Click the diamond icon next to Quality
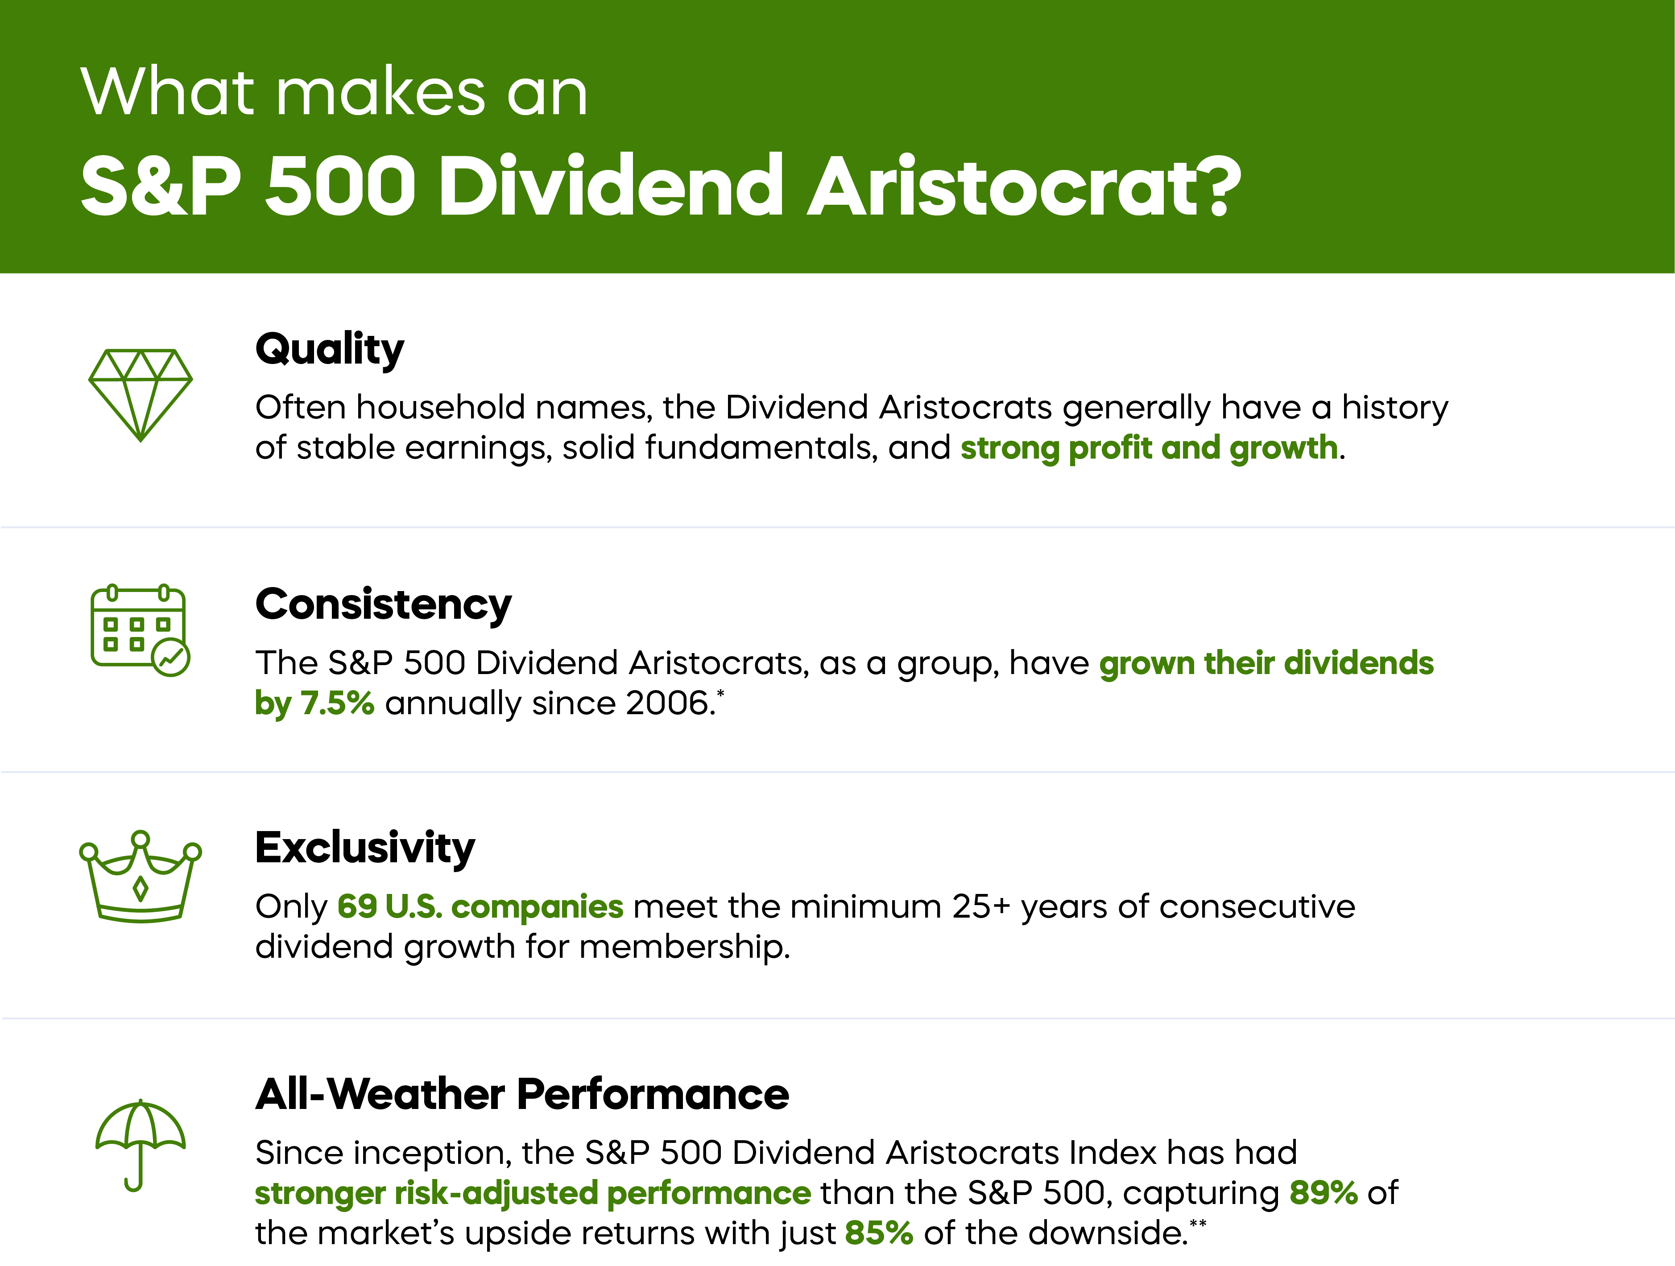140,394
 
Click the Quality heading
329,350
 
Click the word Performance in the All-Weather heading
653,1094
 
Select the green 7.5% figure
337,703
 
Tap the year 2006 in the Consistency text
666,703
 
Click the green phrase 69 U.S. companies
480,906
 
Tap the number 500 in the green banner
341,186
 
